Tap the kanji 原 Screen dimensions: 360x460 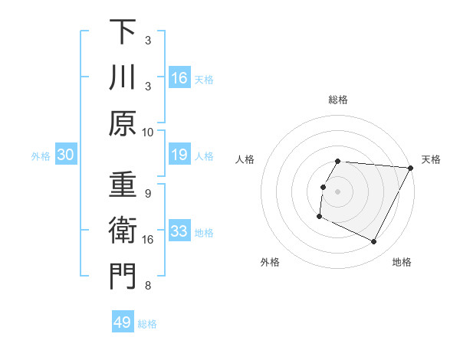pyautogui.click(x=123, y=123)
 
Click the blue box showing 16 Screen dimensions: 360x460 pyautogui.click(x=179, y=78)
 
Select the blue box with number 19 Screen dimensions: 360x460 pyautogui.click(x=179, y=155)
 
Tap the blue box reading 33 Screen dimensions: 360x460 pyautogui.click(x=179, y=232)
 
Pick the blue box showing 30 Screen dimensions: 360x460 pyautogui.click(x=66, y=155)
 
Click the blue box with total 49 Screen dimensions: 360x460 pyautogui.click(x=123, y=322)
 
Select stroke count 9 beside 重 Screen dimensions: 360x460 pyautogui.click(x=148, y=193)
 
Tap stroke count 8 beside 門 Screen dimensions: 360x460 pyautogui.click(x=148, y=286)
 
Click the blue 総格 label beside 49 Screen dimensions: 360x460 pyautogui.click(x=148, y=324)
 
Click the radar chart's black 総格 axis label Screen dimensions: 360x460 pyautogui.click(x=338, y=100)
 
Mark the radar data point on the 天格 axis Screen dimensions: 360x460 pyautogui.click(x=411, y=168)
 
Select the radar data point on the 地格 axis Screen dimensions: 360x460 pyautogui.click(x=374, y=242)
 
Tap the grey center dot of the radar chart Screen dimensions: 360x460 pyautogui.click(x=338, y=191)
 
